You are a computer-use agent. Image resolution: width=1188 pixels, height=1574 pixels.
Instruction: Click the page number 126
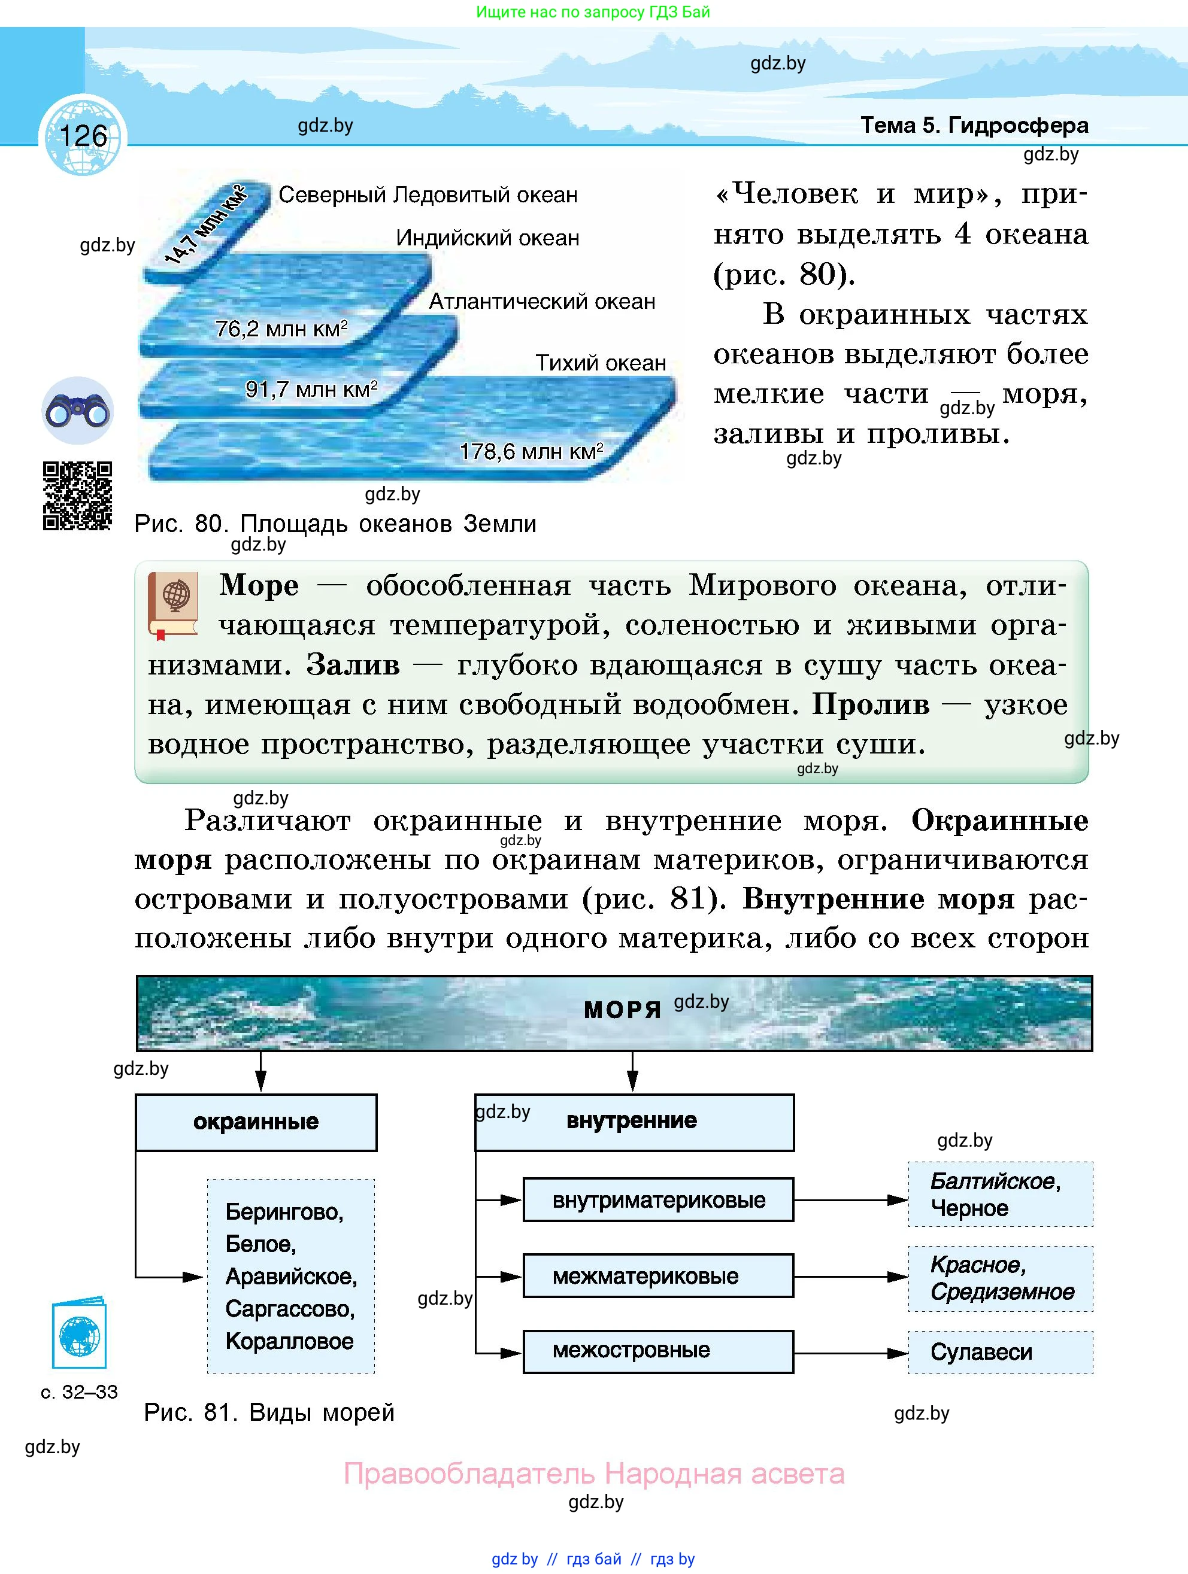(83, 136)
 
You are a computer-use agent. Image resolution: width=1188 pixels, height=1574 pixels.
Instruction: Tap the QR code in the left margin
(78, 496)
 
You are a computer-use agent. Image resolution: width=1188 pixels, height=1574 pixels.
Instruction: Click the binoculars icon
(78, 411)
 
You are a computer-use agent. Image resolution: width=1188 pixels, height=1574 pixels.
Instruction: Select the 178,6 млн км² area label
(531, 451)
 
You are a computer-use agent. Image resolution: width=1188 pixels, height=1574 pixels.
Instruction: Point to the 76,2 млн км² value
(281, 329)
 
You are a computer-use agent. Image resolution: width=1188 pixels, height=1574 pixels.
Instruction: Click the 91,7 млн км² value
(311, 389)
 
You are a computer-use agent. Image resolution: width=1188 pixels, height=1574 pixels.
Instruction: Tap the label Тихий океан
(601, 363)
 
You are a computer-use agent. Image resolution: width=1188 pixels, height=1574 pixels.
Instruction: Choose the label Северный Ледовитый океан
(428, 195)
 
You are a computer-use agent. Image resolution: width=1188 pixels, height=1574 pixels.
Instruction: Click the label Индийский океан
(487, 238)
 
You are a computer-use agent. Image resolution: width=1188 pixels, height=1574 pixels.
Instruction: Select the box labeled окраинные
(256, 1122)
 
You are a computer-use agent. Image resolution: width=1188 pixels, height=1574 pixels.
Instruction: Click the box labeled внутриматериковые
(659, 1201)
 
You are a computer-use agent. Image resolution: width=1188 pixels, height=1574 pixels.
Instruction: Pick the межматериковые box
(659, 1276)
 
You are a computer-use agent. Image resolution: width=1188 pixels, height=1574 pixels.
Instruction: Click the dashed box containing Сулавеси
(1000, 1352)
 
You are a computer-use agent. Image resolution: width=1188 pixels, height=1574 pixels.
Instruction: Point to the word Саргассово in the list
(290, 1309)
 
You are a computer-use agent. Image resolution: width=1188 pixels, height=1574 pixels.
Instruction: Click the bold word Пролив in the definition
(871, 704)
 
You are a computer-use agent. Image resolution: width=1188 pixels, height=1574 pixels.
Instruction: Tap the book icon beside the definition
(173, 604)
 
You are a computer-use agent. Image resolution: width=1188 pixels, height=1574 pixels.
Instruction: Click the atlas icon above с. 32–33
(79, 1336)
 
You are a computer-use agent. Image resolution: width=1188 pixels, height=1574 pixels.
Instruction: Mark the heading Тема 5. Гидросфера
(974, 125)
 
